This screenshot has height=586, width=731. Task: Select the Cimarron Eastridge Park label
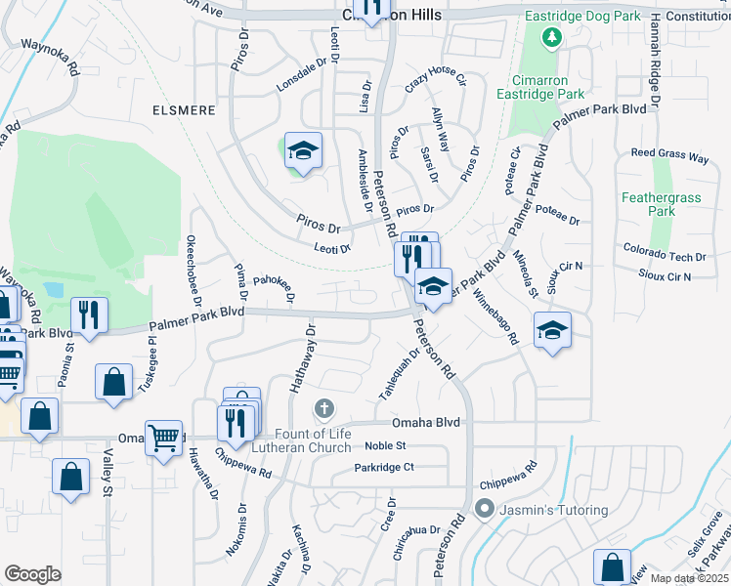(x=547, y=87)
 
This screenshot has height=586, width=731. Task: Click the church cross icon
(x=324, y=407)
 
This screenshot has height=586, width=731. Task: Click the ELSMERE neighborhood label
(x=183, y=110)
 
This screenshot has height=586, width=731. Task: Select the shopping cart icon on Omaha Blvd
(x=162, y=435)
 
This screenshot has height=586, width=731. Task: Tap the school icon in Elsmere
(x=303, y=149)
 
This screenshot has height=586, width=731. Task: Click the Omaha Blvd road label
(x=425, y=422)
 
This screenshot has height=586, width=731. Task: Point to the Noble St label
(x=385, y=445)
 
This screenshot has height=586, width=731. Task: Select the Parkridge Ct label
(x=385, y=467)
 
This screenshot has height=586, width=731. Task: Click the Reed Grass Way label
(x=669, y=154)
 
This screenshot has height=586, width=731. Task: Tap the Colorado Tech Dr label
(x=664, y=257)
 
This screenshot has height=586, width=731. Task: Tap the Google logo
(x=32, y=574)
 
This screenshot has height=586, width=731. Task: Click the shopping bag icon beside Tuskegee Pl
(x=113, y=381)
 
